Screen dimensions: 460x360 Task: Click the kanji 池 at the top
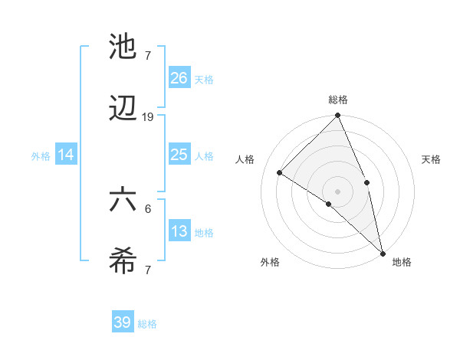[123, 47]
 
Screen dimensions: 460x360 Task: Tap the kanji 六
[123, 200]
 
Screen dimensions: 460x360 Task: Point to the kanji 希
[123, 263]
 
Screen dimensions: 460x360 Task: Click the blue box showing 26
[179, 77]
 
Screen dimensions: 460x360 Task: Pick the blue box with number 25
[179, 155]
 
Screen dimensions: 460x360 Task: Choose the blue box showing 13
[179, 231]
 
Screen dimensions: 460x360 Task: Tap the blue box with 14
[66, 155]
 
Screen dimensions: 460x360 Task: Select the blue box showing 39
[123, 322]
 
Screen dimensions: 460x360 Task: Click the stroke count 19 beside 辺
[148, 117]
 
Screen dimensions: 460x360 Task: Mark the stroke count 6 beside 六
[148, 208]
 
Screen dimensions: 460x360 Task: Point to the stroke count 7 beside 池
[148, 54]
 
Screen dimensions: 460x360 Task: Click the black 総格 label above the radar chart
[337, 100]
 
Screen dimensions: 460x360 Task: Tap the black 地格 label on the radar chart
[402, 262]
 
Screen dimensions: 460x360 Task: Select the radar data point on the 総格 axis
[337, 116]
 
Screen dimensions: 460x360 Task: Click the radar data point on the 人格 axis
[280, 173]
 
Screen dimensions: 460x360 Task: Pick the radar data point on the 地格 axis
[383, 252]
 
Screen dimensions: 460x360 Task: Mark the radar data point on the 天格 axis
[366, 182]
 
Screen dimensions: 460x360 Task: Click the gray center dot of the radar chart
[337, 191]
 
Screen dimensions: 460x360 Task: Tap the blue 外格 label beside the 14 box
[41, 155]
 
